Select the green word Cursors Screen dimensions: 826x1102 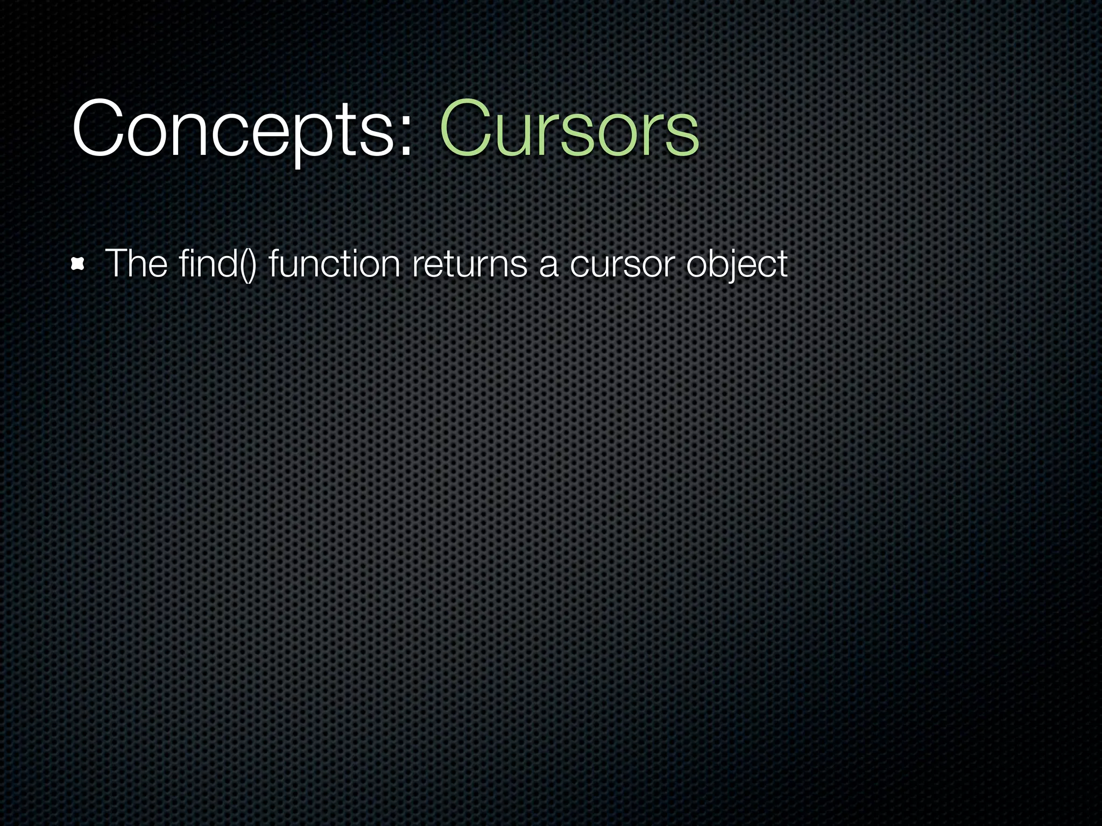click(569, 131)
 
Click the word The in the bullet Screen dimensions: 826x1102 click(136, 264)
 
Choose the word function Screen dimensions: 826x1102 click(334, 264)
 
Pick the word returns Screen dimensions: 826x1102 click(469, 264)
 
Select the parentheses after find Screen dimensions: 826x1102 click(248, 264)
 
